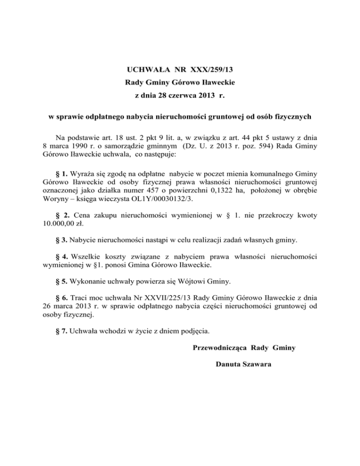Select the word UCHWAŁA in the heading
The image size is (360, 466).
[145, 70]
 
